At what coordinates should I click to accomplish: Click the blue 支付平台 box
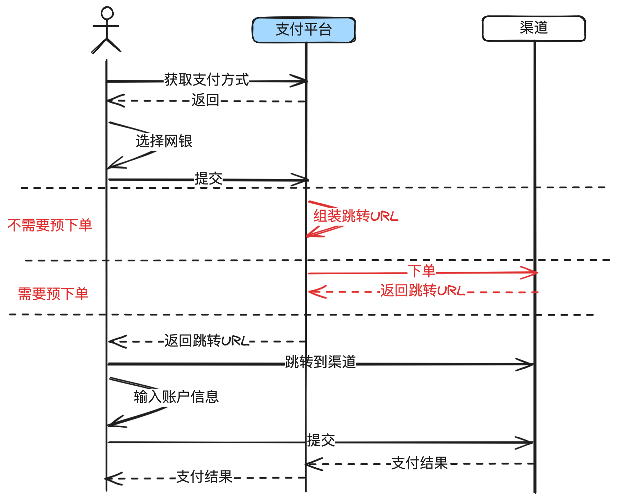coord(304,30)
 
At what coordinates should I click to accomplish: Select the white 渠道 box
coord(533,28)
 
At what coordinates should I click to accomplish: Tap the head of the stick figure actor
coord(107,13)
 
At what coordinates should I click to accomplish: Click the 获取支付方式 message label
coord(206,80)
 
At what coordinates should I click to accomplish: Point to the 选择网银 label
coord(164,141)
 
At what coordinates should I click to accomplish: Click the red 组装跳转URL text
coord(356,216)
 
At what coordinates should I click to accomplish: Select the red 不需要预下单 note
coord(50,225)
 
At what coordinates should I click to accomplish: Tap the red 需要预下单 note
coord(53,294)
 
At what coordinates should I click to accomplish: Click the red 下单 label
coord(422,271)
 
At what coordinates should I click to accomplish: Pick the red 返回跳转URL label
coord(423,291)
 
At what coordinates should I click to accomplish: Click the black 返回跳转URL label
coord(207,341)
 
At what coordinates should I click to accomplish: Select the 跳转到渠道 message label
coord(320,362)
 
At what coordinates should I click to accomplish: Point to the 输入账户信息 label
coord(176,397)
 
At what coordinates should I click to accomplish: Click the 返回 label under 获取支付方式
coord(205,100)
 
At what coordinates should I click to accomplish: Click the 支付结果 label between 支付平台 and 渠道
coord(419,463)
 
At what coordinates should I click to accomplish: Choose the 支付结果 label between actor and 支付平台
coord(204,477)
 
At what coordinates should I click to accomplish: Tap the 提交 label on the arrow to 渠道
coord(321,441)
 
